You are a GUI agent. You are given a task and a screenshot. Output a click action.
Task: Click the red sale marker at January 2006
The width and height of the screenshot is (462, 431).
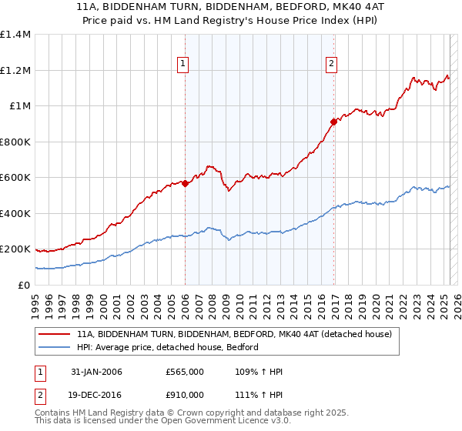[x=186, y=183]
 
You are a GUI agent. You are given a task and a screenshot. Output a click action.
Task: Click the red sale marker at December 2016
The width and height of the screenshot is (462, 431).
[x=333, y=122]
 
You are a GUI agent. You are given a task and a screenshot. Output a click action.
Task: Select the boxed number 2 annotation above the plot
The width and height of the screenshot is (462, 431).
[x=331, y=64]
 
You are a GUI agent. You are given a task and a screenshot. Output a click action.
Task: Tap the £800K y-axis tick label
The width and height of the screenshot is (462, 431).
[x=15, y=142]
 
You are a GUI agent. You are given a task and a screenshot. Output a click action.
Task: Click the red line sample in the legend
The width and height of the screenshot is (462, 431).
[x=54, y=334]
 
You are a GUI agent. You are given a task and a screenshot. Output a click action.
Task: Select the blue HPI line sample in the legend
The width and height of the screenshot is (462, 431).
[x=54, y=347]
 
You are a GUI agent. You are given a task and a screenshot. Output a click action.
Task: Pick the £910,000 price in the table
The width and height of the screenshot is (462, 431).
[x=185, y=395]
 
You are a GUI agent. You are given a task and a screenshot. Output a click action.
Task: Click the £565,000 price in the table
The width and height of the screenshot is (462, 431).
[x=185, y=373]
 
